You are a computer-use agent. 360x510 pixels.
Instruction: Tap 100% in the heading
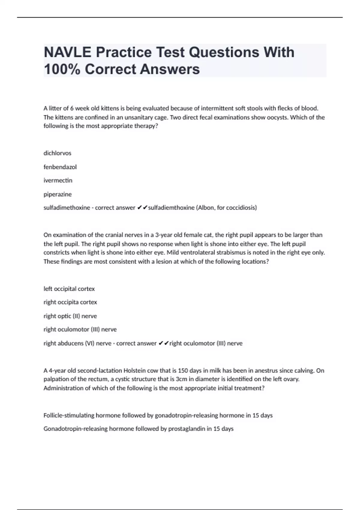tap(62, 69)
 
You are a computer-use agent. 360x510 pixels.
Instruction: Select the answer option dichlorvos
tap(57, 153)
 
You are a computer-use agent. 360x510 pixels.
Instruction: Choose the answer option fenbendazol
tap(60, 167)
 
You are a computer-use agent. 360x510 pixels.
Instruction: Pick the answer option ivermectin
tap(58, 180)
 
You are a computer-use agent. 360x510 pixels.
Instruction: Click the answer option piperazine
tap(58, 194)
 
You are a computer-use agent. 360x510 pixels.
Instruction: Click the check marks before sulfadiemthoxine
tap(142, 208)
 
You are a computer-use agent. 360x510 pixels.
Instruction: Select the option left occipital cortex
tap(69, 289)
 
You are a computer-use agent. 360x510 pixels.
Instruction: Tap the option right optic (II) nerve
tap(70, 316)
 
